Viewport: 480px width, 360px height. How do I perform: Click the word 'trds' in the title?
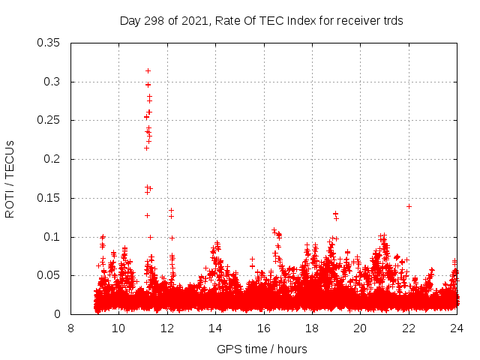click(391, 21)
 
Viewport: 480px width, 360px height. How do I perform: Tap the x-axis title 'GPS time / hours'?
click(262, 349)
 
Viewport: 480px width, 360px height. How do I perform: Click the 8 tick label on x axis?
click(70, 328)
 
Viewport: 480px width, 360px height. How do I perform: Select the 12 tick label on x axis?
click(166, 328)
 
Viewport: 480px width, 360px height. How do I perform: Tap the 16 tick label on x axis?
click(263, 328)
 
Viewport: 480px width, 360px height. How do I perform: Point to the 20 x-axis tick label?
click(360, 328)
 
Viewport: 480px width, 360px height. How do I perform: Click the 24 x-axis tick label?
click(456, 328)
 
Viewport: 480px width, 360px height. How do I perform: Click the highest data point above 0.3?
click(148, 70)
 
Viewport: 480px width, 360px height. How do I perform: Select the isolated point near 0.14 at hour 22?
click(409, 206)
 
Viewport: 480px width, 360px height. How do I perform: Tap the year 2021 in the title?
click(193, 21)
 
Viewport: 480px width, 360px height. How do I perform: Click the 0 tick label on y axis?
click(60, 315)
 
